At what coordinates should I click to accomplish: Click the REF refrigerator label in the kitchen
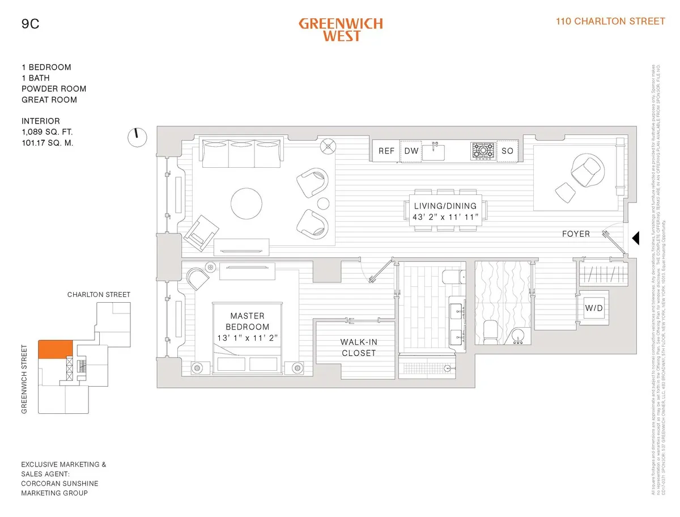click(x=386, y=151)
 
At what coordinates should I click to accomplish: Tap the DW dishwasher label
click(x=411, y=151)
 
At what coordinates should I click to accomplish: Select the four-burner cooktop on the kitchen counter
click(x=483, y=151)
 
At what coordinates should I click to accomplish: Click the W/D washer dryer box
click(x=593, y=308)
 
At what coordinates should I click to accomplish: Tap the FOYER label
click(x=576, y=234)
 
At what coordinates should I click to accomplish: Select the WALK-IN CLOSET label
click(x=358, y=347)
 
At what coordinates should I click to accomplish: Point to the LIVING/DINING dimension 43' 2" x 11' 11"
click(x=446, y=217)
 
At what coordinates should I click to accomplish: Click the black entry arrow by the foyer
click(x=635, y=238)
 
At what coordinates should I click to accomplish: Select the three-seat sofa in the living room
click(x=242, y=153)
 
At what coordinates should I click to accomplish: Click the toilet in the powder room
click(x=490, y=331)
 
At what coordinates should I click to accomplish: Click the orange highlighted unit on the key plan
click(x=54, y=349)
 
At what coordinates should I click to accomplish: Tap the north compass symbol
click(x=137, y=137)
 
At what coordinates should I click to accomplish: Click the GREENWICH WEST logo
click(x=341, y=29)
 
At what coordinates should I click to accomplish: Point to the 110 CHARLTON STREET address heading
click(x=610, y=22)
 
